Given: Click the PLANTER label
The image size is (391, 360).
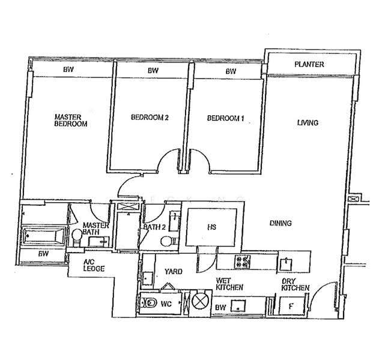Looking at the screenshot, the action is point(309,64).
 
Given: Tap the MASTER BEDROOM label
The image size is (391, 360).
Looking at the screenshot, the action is point(71,121).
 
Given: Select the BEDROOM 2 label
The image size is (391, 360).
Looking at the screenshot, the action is point(150,117).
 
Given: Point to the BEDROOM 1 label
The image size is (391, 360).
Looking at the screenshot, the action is point(225,118).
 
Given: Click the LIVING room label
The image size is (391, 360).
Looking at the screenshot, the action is point(308,122).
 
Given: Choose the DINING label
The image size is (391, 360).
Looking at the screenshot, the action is point(280,223).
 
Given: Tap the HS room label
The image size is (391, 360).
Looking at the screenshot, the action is point(211,227).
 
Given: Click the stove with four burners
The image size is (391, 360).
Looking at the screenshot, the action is point(242,262).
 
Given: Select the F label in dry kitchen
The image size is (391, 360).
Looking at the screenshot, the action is point(291,306).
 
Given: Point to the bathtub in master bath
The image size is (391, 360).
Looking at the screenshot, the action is point(44,235).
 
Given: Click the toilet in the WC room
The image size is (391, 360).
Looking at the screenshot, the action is point(148,303).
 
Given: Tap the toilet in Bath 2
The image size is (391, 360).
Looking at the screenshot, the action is point(168,241).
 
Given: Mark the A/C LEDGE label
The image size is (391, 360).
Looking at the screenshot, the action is point(94,266).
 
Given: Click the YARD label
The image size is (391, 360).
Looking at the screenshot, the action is point(174,271).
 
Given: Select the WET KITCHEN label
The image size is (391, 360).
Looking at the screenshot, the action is point(229,284).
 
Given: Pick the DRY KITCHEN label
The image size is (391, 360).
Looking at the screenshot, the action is point(296,285).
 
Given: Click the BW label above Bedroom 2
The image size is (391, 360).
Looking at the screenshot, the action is point(153,71).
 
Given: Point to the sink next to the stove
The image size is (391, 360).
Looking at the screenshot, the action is point(286,264).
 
